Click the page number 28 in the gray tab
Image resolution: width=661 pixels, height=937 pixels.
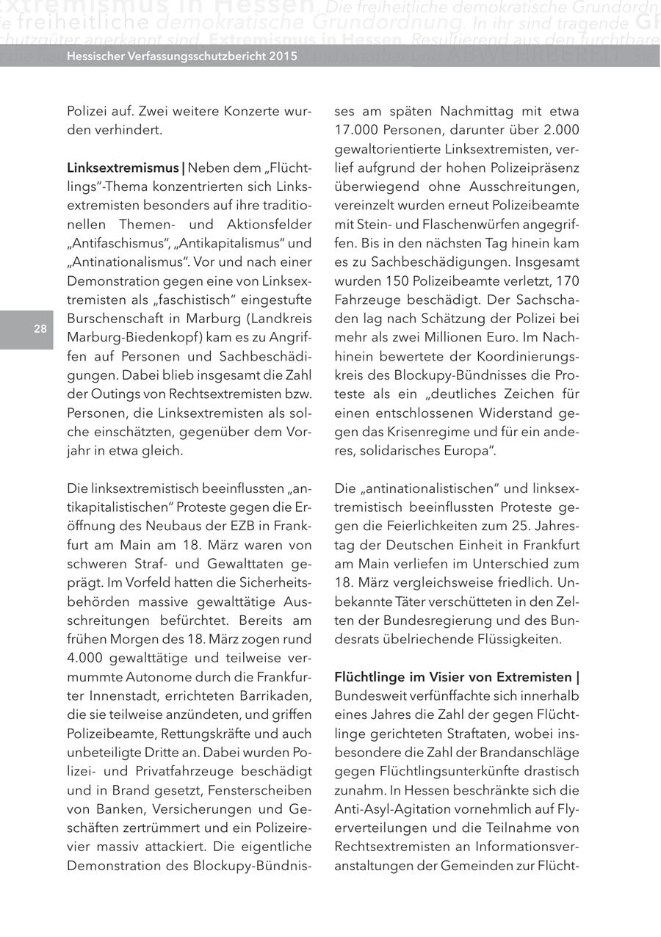pos(40,330)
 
